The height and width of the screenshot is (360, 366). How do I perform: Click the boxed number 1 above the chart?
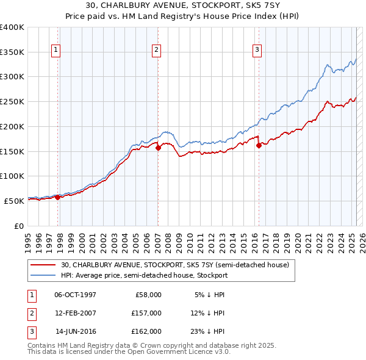point(56,50)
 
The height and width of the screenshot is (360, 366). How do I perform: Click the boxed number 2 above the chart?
point(157,50)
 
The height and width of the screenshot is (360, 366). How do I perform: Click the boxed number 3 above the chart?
point(257,50)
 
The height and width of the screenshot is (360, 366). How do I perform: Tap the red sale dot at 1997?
point(57,197)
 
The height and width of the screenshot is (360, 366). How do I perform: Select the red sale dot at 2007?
point(158,147)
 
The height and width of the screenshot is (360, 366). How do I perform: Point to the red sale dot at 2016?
point(259,145)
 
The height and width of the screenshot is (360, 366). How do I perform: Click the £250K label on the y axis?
point(12,101)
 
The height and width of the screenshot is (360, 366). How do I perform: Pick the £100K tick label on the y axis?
point(12,176)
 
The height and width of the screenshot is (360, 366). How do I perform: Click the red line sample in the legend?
point(44,265)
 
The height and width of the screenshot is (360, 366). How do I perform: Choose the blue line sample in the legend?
point(44,275)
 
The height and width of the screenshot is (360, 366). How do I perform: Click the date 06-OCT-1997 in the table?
point(76,294)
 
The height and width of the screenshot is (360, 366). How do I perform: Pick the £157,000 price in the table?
point(146,313)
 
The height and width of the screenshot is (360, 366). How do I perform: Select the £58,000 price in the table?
point(148,294)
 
